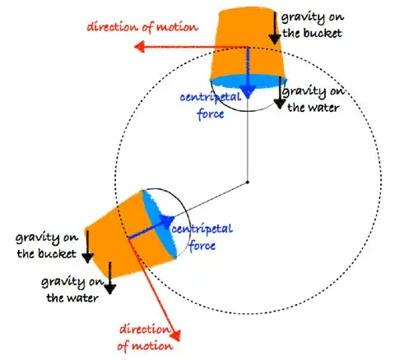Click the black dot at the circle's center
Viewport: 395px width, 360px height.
247,182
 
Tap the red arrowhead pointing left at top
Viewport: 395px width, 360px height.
140,47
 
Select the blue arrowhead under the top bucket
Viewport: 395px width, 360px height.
248,92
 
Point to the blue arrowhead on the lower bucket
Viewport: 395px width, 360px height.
167,221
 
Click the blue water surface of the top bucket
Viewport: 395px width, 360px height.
249,81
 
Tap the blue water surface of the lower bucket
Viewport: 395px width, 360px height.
160,224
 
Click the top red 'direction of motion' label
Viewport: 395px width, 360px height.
142,27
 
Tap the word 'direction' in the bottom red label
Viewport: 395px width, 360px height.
145,329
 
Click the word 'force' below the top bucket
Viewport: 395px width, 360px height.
211,114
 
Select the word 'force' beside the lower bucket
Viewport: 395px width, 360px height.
202,245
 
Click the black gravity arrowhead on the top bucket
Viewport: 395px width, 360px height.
274,39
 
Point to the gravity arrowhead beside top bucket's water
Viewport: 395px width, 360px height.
280,104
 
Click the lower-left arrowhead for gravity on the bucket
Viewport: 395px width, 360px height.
88,258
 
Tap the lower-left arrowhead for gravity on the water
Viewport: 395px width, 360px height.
109,289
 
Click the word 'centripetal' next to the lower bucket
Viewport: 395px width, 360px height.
202,229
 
